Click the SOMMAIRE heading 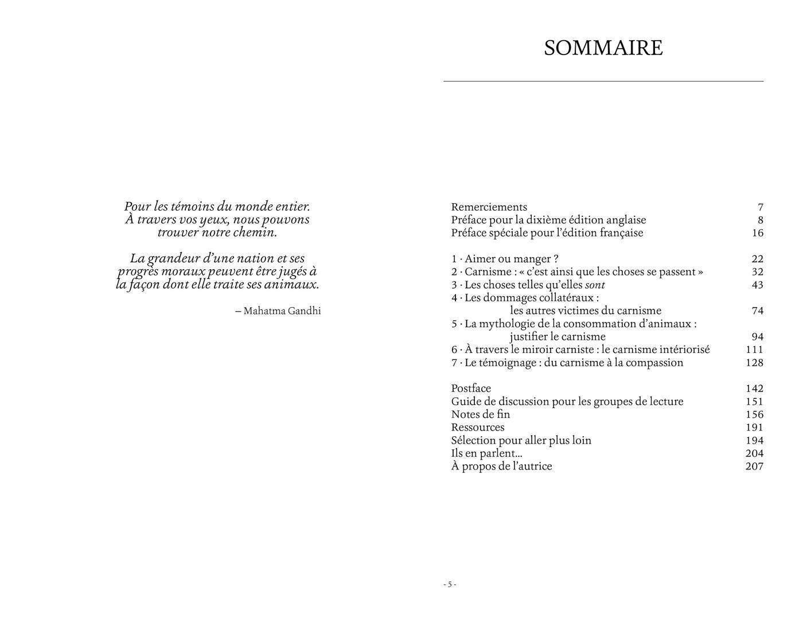[603, 48]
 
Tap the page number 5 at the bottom [450, 584]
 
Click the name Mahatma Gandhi [282, 311]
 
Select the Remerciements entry [489, 207]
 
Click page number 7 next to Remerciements [760, 207]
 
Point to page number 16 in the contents [757, 233]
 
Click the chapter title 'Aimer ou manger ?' [511, 259]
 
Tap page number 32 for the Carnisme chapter [757, 272]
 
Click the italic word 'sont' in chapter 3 [595, 285]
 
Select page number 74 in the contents [757, 311]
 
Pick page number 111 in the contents [754, 350]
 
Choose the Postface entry [471, 389]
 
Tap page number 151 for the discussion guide [754, 402]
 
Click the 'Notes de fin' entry [480, 414]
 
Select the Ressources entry [478, 428]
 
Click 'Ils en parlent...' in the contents [486, 453]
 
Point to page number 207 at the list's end [754, 467]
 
